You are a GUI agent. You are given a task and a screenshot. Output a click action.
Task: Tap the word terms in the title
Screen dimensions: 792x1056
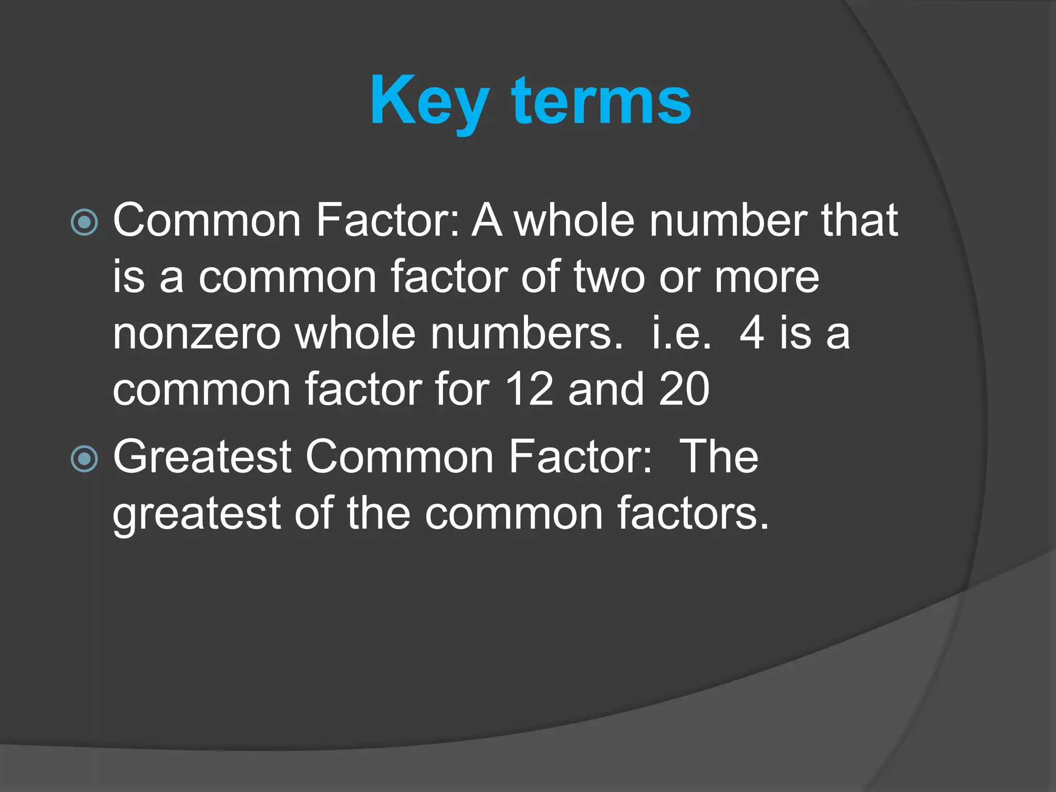tap(601, 101)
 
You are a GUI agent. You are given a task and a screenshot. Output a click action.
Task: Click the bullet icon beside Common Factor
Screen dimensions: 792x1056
tap(84, 222)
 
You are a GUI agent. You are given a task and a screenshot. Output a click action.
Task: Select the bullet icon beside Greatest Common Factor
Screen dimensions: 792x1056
tap(84, 458)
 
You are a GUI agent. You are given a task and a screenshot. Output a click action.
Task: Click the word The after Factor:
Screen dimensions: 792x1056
tap(719, 457)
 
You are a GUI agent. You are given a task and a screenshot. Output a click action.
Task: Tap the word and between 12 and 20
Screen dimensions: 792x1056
tap(606, 389)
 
